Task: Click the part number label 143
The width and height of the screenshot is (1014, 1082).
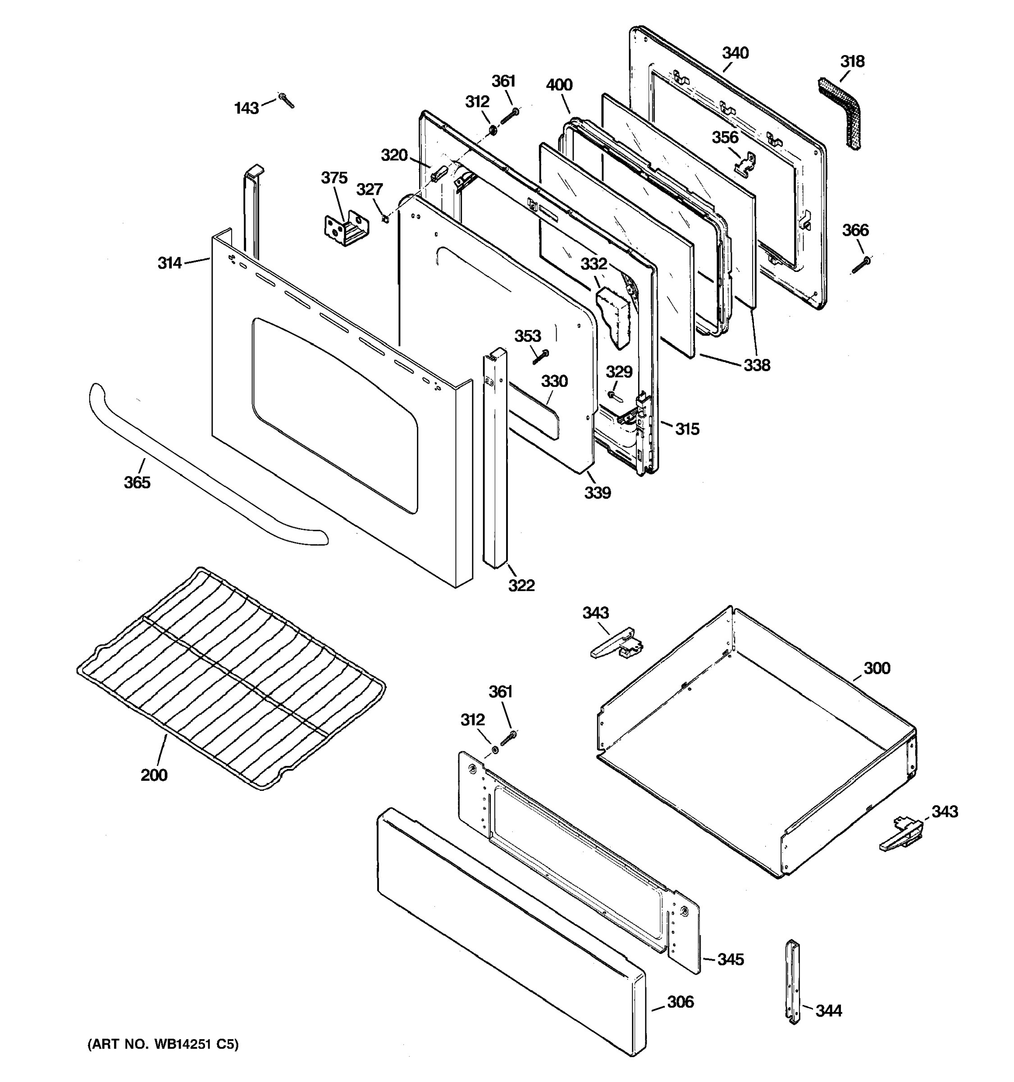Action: pyautogui.click(x=246, y=108)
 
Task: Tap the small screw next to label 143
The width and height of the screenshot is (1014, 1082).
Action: pyautogui.click(x=286, y=100)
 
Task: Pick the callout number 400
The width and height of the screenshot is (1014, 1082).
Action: pyautogui.click(x=559, y=85)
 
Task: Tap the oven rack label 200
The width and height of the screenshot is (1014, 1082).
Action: pyautogui.click(x=154, y=775)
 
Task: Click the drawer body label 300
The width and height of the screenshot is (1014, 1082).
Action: pyautogui.click(x=877, y=668)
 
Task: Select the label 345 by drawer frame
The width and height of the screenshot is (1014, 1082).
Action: pyautogui.click(x=730, y=959)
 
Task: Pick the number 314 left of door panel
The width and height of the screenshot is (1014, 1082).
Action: pyautogui.click(x=170, y=263)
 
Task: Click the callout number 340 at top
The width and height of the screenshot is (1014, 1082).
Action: pyautogui.click(x=735, y=53)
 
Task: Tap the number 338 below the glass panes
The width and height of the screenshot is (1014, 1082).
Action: pyautogui.click(x=757, y=365)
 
